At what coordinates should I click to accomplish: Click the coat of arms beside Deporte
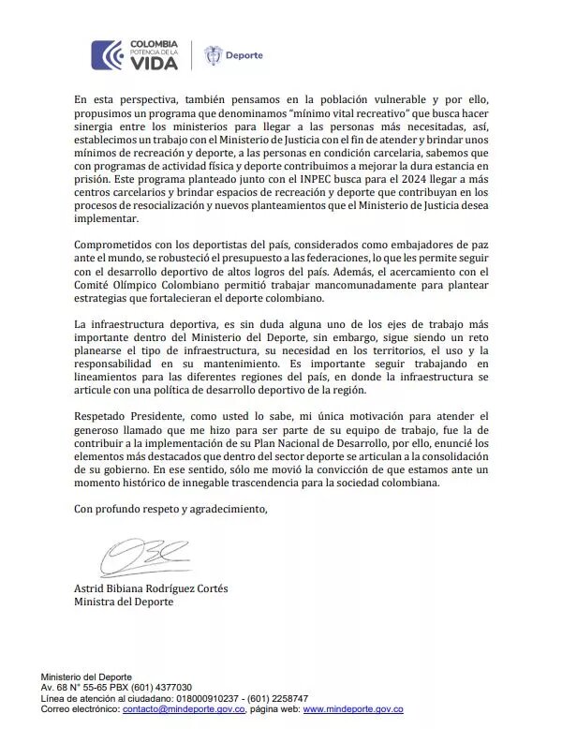click(x=214, y=55)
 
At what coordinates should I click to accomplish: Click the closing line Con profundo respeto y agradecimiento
click(x=170, y=509)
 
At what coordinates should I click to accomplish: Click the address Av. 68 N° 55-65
click(x=75, y=688)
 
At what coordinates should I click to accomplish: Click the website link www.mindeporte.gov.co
click(x=352, y=709)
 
